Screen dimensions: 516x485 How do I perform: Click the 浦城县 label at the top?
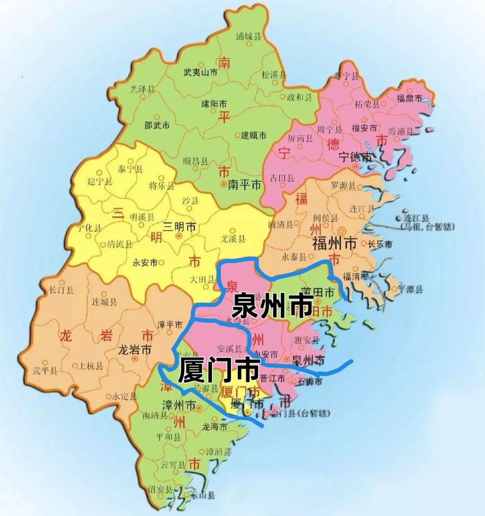248,37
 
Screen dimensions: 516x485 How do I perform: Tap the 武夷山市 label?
200,73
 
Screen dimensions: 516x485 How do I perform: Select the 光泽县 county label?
142,89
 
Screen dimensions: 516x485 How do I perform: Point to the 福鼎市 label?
409,98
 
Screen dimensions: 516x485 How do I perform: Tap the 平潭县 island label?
410,289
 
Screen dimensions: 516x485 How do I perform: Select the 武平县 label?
45,370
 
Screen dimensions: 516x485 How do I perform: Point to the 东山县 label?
204,495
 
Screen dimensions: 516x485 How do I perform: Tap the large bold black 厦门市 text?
218,370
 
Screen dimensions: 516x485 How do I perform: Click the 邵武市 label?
157,125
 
